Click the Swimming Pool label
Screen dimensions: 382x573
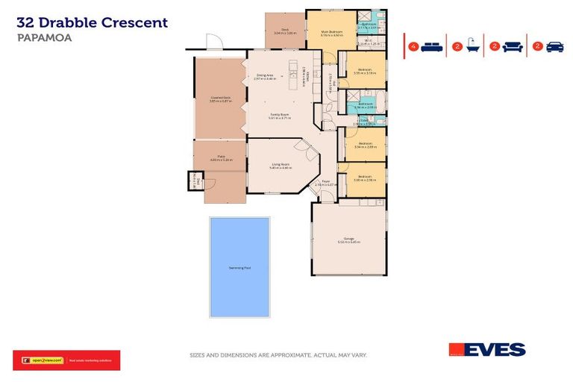coord(239,267)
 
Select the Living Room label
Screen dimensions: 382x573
coord(280,166)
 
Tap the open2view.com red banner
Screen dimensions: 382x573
coord(66,360)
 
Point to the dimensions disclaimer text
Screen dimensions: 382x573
coord(278,355)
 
